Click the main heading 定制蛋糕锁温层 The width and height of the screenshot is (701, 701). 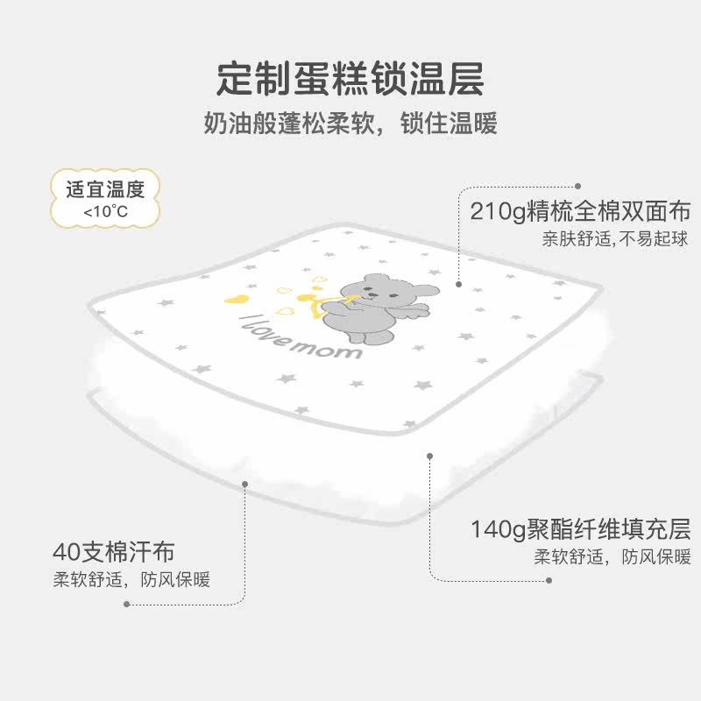tap(350, 79)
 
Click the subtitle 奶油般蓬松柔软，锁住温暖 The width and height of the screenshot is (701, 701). tap(350, 123)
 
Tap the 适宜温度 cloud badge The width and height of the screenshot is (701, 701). tap(105, 199)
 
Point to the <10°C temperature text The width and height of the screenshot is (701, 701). tap(105, 211)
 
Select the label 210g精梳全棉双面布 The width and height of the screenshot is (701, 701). tap(580, 211)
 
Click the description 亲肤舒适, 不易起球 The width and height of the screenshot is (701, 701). tap(615, 238)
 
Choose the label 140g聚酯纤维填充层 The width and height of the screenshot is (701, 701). tap(581, 529)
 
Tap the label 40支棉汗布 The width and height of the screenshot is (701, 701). tap(114, 552)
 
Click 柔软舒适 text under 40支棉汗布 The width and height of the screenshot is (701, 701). tap(88, 580)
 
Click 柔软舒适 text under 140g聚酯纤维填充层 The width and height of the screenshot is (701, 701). tap(569, 557)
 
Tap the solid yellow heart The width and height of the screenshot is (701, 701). tap(237, 298)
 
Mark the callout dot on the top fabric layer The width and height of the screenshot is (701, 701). tap(458, 284)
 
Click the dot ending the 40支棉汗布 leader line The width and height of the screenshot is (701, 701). tap(127, 605)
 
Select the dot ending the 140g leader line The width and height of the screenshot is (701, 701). tap(549, 580)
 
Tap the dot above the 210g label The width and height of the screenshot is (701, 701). tap(578, 186)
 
